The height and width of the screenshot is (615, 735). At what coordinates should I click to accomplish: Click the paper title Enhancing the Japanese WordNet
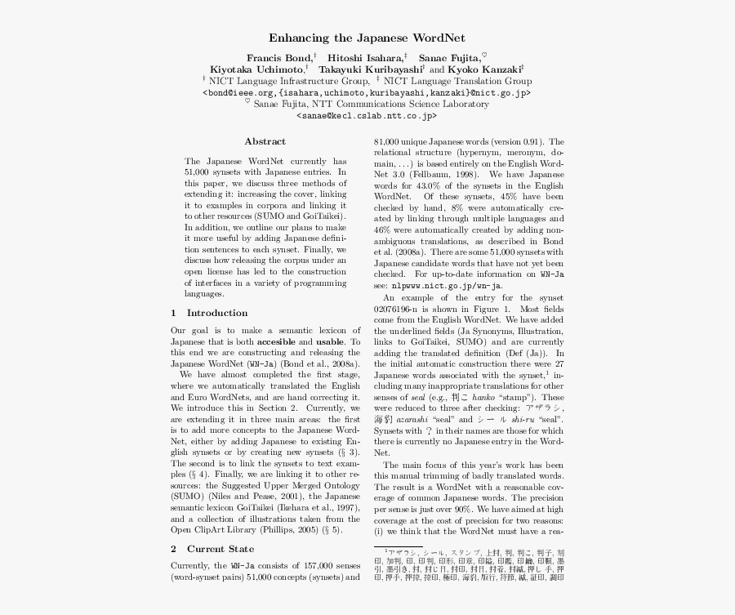point(367,38)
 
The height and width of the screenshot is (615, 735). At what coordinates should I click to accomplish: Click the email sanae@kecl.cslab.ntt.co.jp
point(367,116)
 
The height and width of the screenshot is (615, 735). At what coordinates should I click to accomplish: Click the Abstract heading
point(265,141)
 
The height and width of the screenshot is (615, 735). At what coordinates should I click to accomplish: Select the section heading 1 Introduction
point(209,313)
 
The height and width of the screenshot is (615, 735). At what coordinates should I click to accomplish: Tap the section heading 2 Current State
point(212,549)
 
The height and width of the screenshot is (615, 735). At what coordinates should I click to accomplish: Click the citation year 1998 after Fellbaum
point(464,174)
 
